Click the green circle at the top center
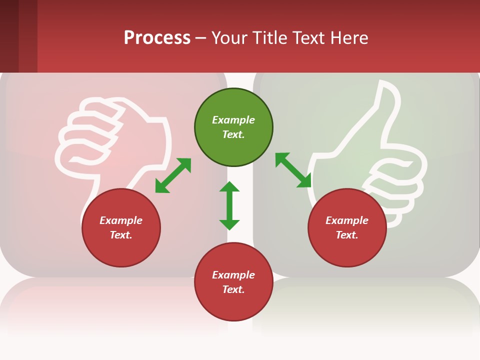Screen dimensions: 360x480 (x=233, y=127)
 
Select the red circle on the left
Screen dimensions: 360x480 (x=121, y=227)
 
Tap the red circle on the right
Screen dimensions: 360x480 (x=347, y=227)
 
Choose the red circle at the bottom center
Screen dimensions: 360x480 (x=233, y=282)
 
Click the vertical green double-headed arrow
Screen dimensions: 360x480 (x=229, y=205)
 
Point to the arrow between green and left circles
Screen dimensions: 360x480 (x=173, y=175)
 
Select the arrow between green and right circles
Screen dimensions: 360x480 (x=293, y=170)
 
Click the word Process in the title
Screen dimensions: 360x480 (x=157, y=38)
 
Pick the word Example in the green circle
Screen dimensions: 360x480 (x=233, y=120)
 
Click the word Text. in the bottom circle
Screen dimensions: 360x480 (x=233, y=289)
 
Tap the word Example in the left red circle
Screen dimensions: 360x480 (x=121, y=220)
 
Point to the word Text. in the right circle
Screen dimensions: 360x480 (x=347, y=235)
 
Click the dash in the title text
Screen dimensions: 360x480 (x=201, y=38)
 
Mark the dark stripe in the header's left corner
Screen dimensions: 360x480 (x=9, y=36)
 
